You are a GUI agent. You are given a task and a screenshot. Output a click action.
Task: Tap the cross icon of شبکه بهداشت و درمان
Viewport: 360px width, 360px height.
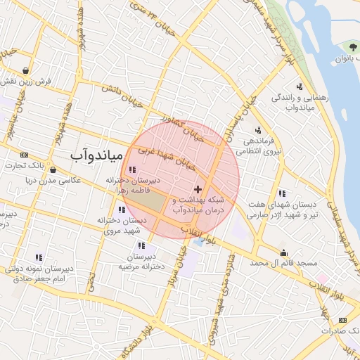point(198,189)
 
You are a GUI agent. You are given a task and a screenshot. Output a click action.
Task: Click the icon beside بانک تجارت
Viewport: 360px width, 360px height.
point(25,155)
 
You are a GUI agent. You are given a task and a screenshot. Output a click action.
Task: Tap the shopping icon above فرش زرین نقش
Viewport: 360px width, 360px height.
point(26,70)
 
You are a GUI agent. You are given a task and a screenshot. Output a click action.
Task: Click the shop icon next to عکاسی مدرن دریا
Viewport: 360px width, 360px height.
point(53,169)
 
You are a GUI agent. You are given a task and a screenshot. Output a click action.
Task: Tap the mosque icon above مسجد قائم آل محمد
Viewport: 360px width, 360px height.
point(283,252)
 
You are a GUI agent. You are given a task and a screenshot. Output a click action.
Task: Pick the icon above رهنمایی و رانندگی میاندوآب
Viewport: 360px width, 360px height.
point(300,86)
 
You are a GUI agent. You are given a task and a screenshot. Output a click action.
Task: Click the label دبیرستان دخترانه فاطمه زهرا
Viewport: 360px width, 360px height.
point(134,185)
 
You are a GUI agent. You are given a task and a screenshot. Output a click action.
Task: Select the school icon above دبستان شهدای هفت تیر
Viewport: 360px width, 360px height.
point(281,193)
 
